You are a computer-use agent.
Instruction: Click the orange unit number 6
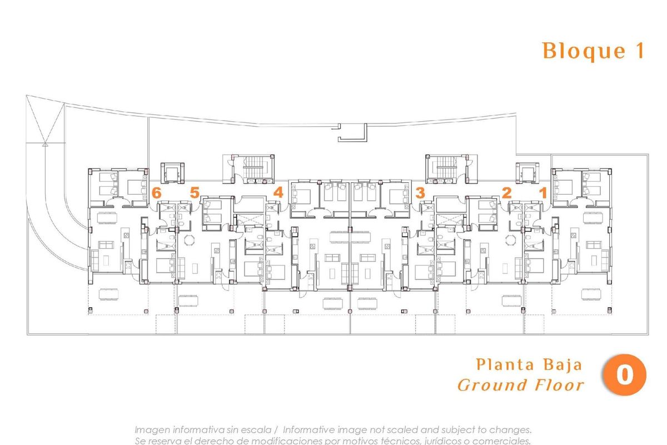coord(156,193)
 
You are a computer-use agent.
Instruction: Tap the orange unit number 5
coord(194,193)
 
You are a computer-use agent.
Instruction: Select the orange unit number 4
coord(278,193)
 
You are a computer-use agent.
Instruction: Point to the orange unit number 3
coord(420,193)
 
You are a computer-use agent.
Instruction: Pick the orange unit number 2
coord(506,193)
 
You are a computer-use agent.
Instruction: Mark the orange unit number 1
coord(544,193)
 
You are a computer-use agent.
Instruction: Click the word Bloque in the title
coord(576,51)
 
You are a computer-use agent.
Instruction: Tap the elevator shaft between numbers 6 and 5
coord(171,174)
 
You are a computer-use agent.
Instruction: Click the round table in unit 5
coord(190,240)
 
